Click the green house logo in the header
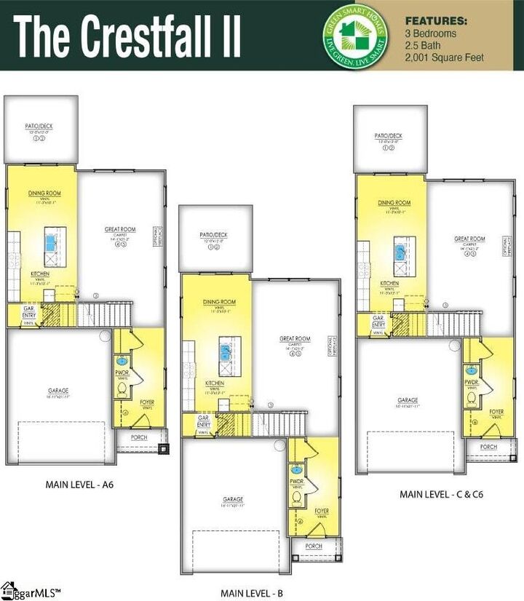coord(354,35)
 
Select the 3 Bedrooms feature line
coord(431,33)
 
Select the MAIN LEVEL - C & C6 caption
coord(442,494)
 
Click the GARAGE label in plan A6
coord(58,391)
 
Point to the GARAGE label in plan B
coord(233,499)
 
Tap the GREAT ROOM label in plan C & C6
coord(469,239)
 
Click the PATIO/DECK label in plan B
coord(214,235)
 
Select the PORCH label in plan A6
coord(138,437)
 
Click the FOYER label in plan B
coord(322,512)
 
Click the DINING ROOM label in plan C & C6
coord(394,203)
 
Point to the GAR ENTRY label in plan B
coord(204,421)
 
